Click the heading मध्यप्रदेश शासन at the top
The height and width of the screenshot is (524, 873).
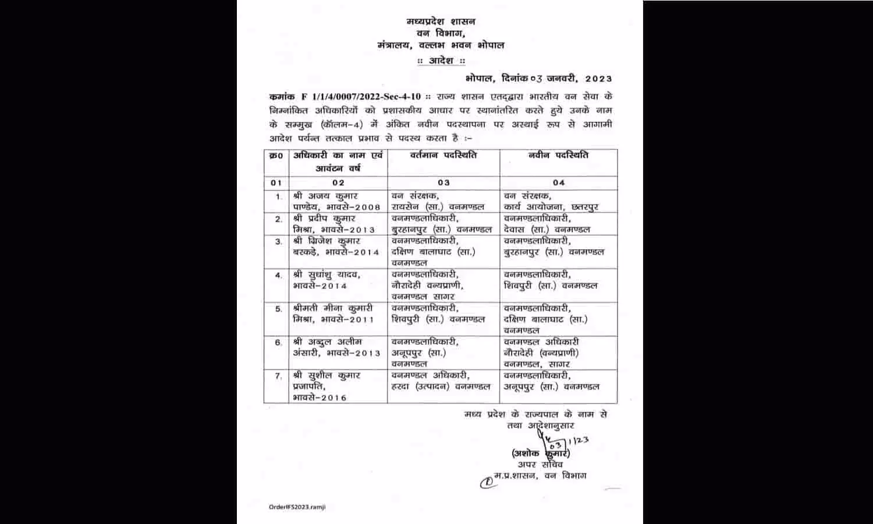(x=441, y=22)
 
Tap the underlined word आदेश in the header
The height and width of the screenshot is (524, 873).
(x=441, y=61)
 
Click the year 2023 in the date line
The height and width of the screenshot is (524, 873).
(x=598, y=78)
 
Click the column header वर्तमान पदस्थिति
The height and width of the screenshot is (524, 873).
(x=443, y=155)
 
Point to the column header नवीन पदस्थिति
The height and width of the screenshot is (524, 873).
(x=558, y=155)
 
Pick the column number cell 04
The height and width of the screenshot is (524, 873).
(x=559, y=183)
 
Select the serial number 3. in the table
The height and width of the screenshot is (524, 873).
(x=279, y=241)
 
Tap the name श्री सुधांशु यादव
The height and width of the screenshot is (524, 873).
(x=327, y=275)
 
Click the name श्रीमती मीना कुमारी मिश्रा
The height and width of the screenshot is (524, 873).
(x=333, y=313)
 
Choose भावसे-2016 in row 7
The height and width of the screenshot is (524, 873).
(x=320, y=398)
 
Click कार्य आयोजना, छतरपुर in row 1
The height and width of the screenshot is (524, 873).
(x=551, y=207)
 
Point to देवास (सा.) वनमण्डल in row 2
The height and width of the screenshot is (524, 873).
(x=547, y=229)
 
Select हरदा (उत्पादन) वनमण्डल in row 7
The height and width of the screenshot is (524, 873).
(x=441, y=387)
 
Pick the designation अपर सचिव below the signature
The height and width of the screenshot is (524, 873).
(x=540, y=464)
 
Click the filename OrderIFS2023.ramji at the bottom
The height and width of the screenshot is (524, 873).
(x=297, y=507)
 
